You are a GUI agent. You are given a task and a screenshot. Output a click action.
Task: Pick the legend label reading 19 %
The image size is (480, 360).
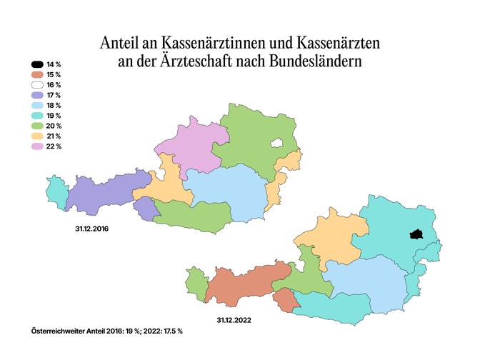click(54, 115)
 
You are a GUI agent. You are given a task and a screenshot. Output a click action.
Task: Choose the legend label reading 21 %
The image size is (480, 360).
click(54, 136)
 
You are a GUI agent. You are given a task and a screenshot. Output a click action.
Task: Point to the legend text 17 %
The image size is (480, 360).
click(54, 95)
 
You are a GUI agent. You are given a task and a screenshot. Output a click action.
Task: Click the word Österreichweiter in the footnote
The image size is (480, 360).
click(61, 331)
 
